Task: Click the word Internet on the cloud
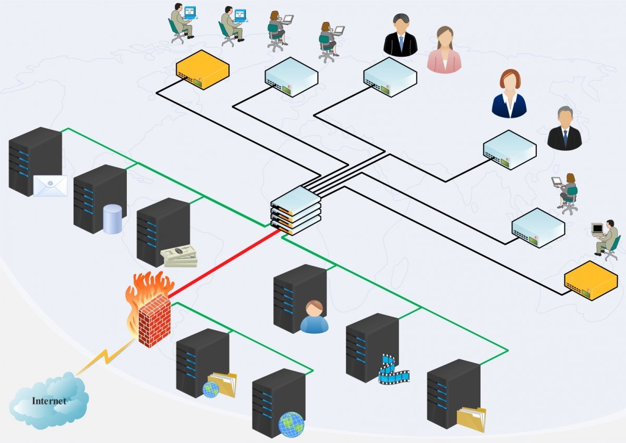pyautogui.click(x=49, y=401)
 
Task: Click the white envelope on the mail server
pyautogui.click(x=51, y=186)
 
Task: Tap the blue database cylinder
pyautogui.click(x=112, y=219)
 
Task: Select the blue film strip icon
pyautogui.click(x=392, y=370)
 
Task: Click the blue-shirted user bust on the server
pyautogui.click(x=314, y=317)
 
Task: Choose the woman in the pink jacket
pyautogui.click(x=444, y=50)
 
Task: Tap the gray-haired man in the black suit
pyautogui.click(x=564, y=129)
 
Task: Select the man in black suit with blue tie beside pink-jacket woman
pyautogui.click(x=400, y=37)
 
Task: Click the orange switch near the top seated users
pyautogui.click(x=202, y=69)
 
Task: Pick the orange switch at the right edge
pyautogui.click(x=591, y=281)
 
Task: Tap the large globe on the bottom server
pyautogui.click(x=291, y=424)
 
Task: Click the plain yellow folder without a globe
pyautogui.click(x=472, y=419)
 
